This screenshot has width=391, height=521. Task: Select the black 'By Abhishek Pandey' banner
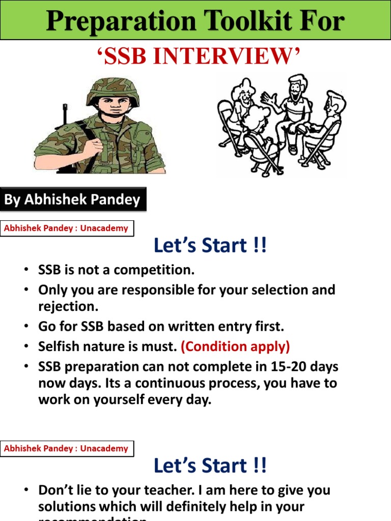(x=73, y=199)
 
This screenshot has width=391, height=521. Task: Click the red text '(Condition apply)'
(x=235, y=346)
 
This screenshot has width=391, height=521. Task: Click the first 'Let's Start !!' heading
(x=210, y=246)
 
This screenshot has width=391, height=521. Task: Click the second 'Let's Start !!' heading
(x=210, y=466)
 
